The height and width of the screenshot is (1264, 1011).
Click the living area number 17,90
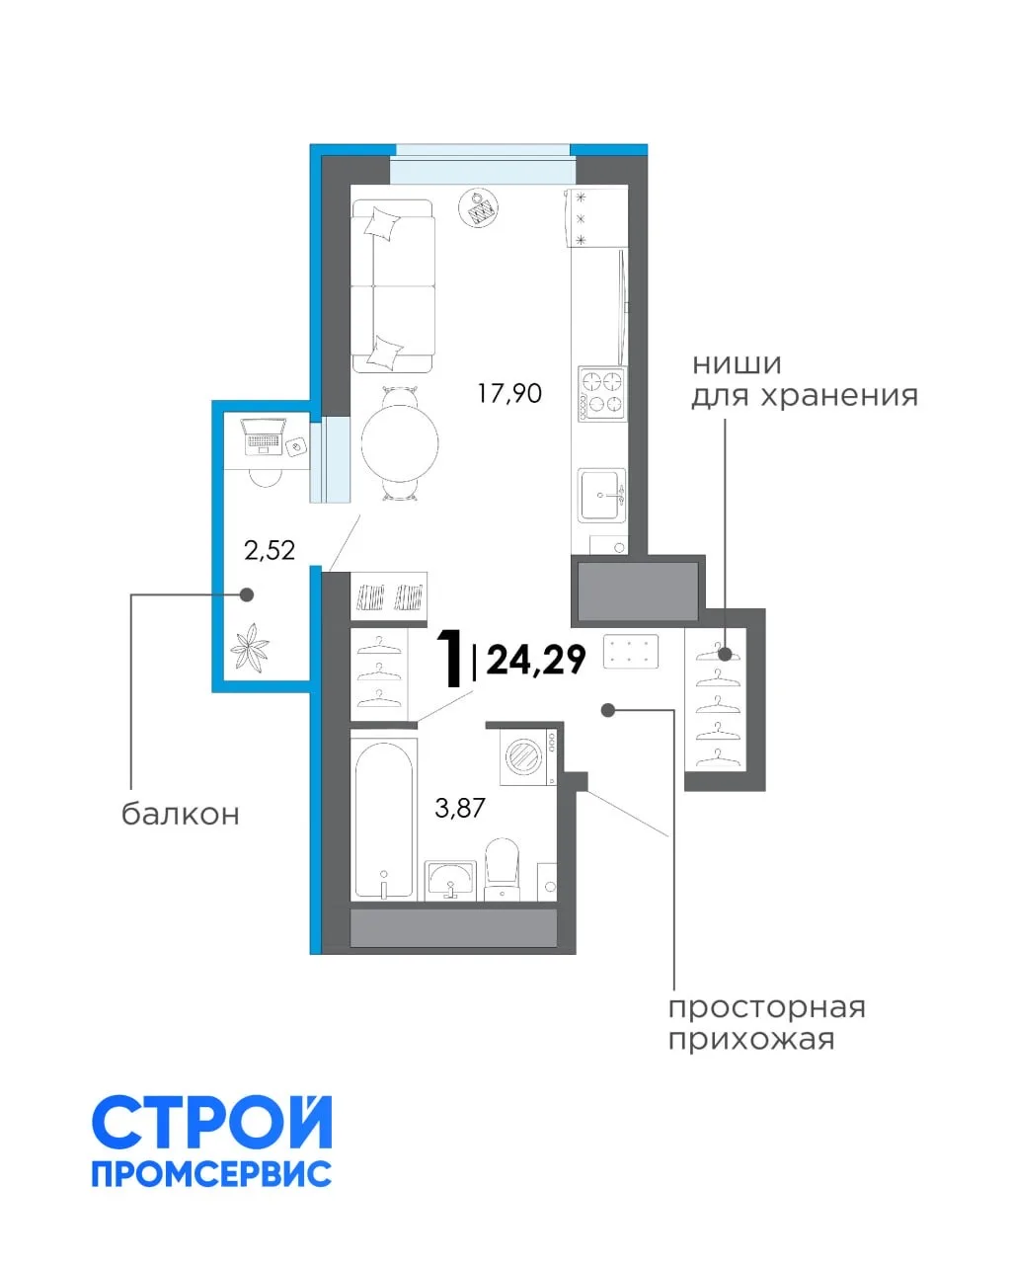pos(508,393)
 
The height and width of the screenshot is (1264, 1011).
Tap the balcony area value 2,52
pos(270,550)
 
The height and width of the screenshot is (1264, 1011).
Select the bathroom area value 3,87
pos(460,808)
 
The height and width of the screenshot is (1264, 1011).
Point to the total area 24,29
pos(536,661)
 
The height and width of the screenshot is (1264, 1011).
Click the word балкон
pos(181,814)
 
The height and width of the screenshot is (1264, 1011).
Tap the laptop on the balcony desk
pos(263,435)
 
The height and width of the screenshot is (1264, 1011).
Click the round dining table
pos(400,443)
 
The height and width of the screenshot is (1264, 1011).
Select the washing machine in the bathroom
pos(527,756)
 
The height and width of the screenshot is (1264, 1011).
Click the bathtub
pos(384,820)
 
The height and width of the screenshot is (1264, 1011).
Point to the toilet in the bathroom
pos(503,869)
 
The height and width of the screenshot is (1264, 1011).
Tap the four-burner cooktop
pos(601,393)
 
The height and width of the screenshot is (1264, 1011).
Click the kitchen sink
pos(601,495)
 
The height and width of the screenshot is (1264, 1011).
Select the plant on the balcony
pos(249,647)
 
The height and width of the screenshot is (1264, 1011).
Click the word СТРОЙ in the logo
pos(212,1123)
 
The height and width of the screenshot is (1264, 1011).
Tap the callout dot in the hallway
pos(608,711)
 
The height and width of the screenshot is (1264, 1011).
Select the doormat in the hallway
pos(630,652)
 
